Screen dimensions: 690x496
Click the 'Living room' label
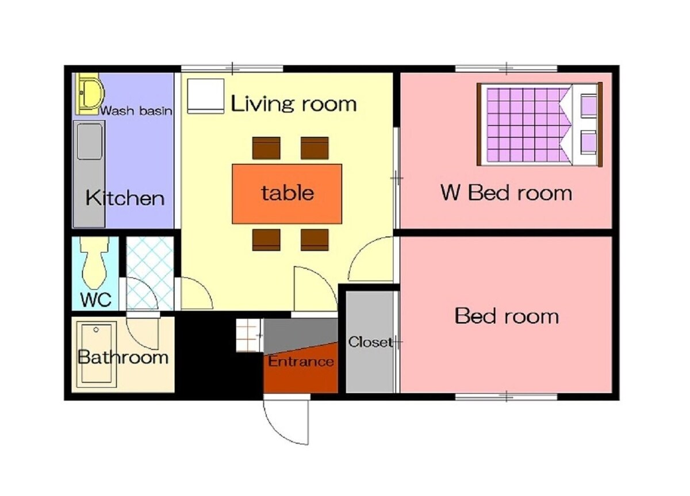[x=294, y=104]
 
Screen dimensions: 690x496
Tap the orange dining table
[x=287, y=194]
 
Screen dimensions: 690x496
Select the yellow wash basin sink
[x=89, y=94]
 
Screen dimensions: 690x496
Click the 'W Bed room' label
[x=507, y=193]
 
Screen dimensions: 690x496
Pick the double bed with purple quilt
[x=539, y=124]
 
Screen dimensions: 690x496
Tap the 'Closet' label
[x=370, y=342]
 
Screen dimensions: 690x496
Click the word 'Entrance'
[x=301, y=362]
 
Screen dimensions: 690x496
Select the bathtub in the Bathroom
[x=97, y=355]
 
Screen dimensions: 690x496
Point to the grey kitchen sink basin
[x=90, y=141]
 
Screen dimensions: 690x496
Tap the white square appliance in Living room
[x=205, y=96]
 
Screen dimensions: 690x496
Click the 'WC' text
[x=96, y=299]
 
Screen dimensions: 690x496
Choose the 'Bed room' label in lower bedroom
[x=507, y=316]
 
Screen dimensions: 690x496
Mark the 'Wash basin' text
[x=136, y=110]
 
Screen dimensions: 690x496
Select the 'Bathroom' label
[x=123, y=357]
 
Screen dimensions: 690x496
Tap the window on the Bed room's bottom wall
[x=506, y=397]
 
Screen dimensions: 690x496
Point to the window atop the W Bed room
[x=506, y=68]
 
